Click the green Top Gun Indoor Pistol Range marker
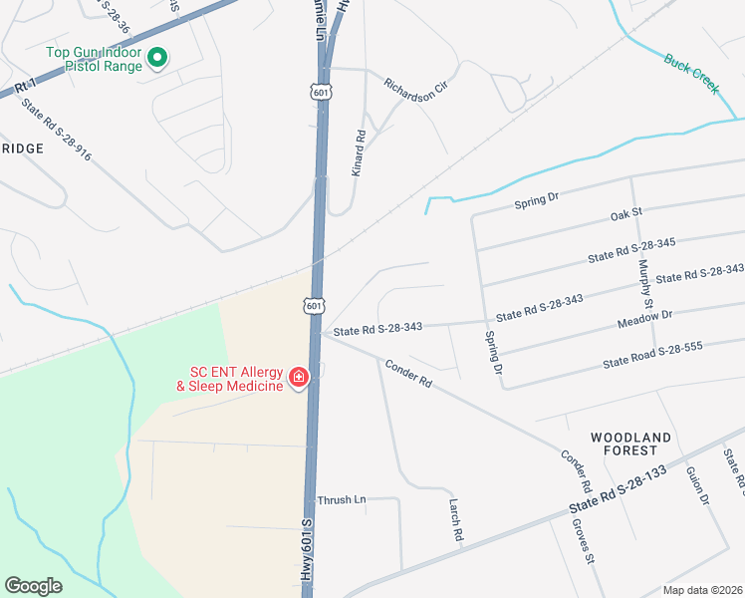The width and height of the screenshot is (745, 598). click(156, 59)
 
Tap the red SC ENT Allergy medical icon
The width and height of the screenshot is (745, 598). click(298, 377)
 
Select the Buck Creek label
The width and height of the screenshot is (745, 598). click(691, 73)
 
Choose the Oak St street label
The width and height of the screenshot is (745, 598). click(627, 214)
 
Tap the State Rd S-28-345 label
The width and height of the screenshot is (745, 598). click(631, 248)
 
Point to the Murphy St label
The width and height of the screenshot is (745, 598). click(644, 283)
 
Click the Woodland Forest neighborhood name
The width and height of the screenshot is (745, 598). click(630, 444)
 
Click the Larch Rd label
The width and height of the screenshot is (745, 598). click(456, 521)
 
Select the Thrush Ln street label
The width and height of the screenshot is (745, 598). click(342, 499)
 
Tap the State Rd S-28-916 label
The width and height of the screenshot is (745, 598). click(56, 136)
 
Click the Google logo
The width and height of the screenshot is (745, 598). click(33, 585)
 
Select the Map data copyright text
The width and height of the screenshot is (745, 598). click(701, 590)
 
